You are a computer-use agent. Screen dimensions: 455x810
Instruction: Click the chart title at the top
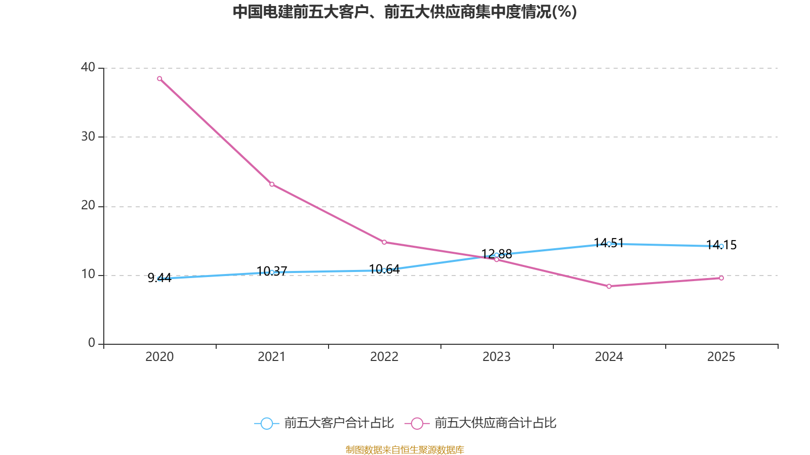(404, 12)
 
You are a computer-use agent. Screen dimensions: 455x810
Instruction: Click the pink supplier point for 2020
(159, 78)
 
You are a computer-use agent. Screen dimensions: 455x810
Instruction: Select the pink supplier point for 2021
(272, 184)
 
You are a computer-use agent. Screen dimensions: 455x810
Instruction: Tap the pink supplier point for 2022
(384, 242)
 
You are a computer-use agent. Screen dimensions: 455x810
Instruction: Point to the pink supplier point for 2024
(609, 286)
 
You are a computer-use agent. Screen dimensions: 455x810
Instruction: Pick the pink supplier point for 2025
(721, 278)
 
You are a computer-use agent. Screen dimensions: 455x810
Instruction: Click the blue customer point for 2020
(159, 278)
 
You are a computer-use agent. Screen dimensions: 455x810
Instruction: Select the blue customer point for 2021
(272, 272)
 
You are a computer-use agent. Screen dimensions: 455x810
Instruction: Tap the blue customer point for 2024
(609, 244)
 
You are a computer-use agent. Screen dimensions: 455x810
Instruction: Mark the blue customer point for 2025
(721, 246)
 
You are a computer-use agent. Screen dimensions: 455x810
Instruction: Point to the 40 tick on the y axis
(88, 67)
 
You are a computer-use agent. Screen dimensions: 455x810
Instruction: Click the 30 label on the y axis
(88, 136)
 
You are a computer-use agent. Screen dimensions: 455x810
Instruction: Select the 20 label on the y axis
(88, 205)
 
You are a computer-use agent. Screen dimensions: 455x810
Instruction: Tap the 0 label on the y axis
(92, 343)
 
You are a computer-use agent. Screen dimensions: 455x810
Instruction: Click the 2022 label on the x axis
(384, 357)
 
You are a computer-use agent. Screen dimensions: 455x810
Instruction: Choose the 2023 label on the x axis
(497, 357)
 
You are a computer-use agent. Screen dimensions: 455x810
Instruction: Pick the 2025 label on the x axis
(721, 357)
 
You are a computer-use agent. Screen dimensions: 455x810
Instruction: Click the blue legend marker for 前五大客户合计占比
(266, 423)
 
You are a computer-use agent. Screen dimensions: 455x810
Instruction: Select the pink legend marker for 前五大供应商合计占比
(417, 423)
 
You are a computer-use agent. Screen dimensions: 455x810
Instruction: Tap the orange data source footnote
(404, 449)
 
